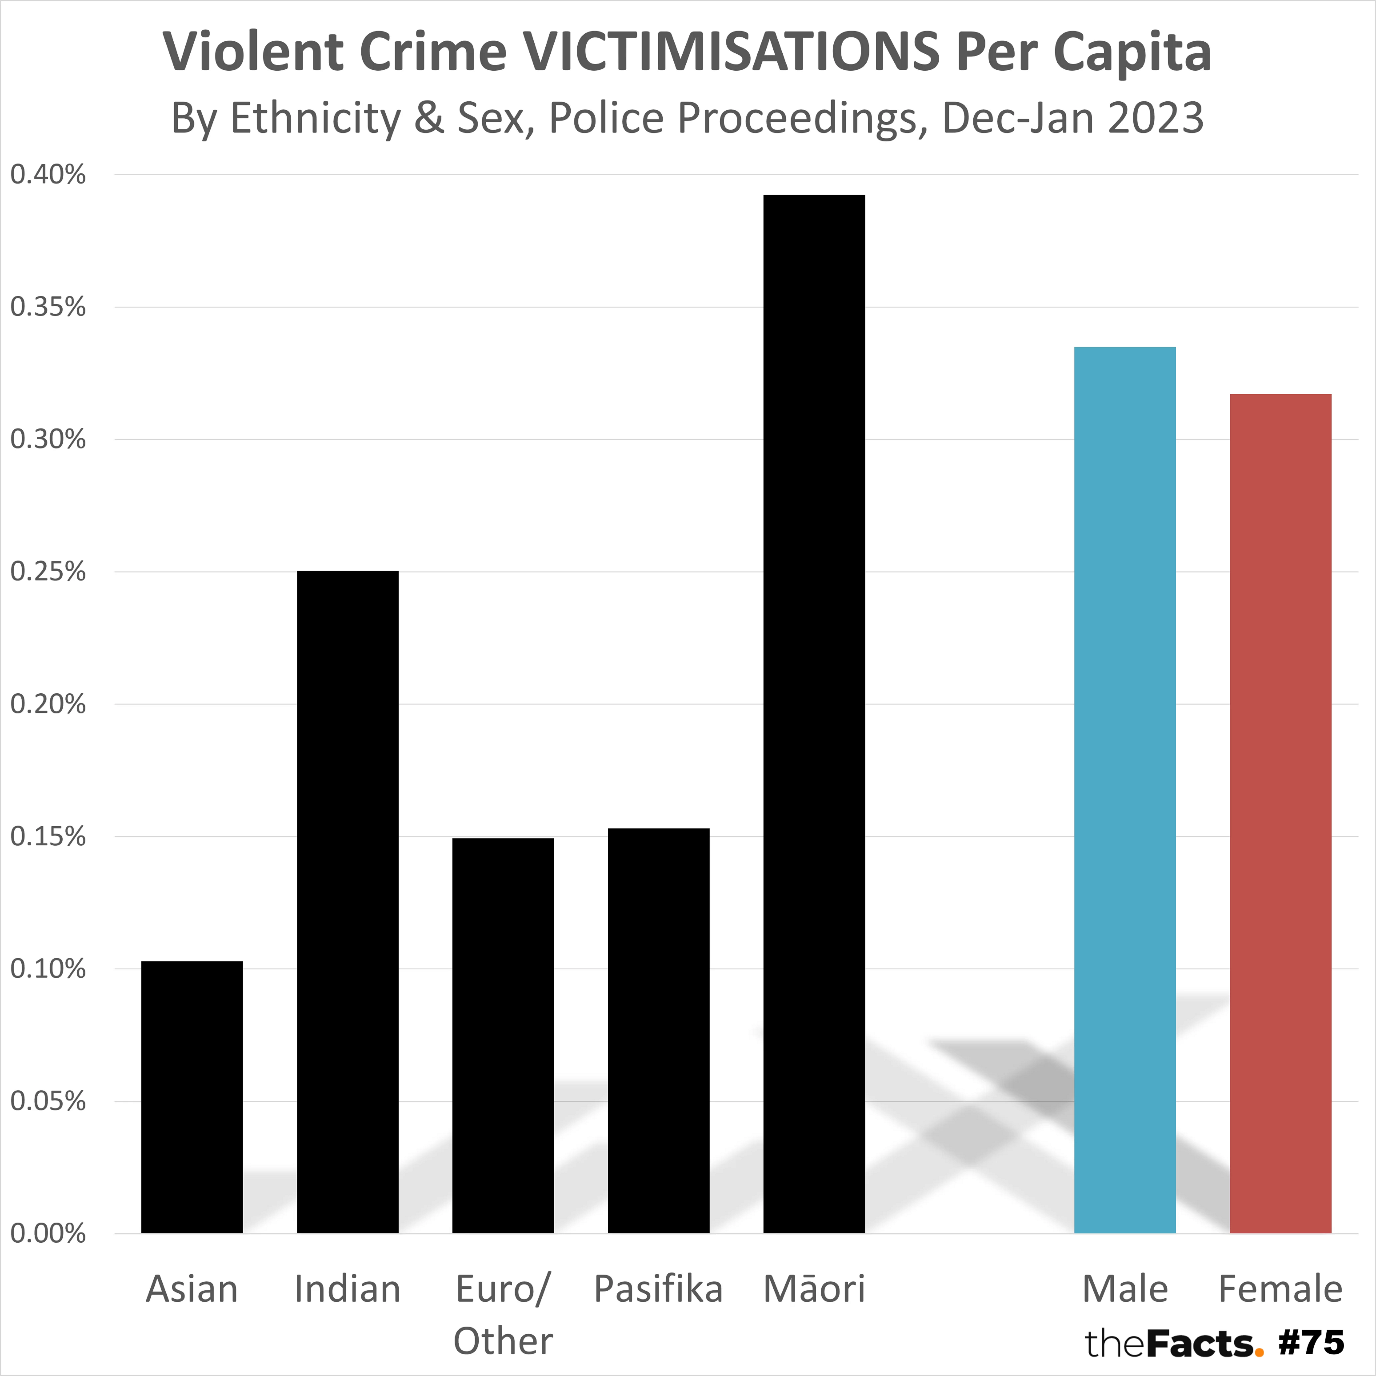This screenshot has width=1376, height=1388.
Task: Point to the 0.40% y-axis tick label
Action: pyautogui.click(x=48, y=175)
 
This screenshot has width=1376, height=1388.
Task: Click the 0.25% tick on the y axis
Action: pyautogui.click(x=48, y=572)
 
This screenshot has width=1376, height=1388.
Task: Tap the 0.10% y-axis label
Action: pyautogui.click(x=48, y=969)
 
